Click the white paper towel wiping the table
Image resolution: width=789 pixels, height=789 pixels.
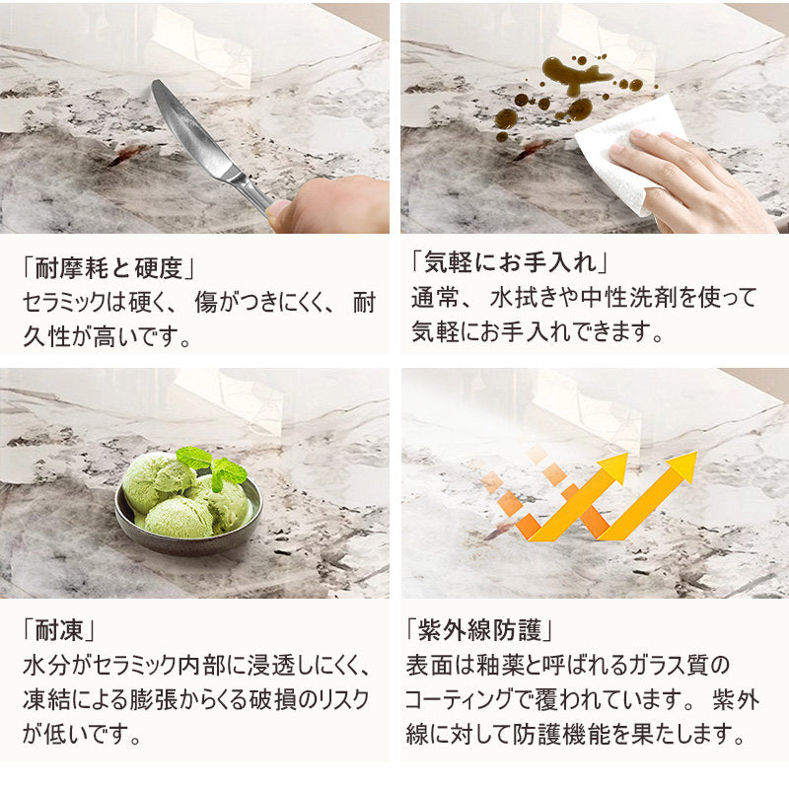click(629, 154)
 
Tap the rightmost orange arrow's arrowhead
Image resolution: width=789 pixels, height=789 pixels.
click(680, 466)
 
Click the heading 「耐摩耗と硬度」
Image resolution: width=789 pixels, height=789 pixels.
click(108, 267)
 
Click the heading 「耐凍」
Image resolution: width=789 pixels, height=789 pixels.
click(58, 629)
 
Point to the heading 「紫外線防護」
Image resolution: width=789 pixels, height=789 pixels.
click(479, 629)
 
